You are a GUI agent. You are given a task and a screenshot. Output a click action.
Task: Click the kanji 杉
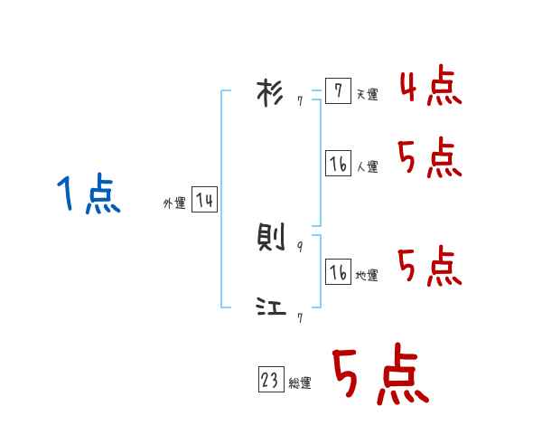tap(270, 94)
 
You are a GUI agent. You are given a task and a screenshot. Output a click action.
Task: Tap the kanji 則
tap(270, 238)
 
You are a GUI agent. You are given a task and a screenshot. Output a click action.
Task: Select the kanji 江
tap(270, 308)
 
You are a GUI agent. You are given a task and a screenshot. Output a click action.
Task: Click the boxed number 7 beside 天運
tap(338, 91)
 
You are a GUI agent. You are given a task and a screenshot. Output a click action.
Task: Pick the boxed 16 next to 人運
tap(338, 164)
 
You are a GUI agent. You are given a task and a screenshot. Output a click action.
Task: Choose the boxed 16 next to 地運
tap(338, 271)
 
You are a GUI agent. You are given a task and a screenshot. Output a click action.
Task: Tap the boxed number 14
tap(204, 200)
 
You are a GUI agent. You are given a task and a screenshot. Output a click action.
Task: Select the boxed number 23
tap(270, 381)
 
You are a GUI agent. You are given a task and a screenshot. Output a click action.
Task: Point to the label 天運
tap(367, 95)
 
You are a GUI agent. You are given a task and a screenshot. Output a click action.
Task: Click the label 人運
tap(367, 167)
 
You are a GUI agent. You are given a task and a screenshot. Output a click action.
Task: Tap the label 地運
tap(367, 275)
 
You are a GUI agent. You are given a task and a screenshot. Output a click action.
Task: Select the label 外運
tap(174, 203)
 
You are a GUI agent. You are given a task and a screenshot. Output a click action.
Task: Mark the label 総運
tap(300, 383)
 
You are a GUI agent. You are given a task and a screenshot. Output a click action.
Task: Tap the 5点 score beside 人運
tap(430, 160)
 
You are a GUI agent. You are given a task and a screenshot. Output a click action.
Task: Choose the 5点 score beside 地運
tap(430, 266)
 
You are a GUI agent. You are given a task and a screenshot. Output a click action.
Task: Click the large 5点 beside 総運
tap(379, 376)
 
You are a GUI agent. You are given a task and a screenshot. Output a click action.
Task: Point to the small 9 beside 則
tap(300, 246)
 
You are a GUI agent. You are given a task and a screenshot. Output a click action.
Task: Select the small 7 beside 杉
tap(300, 102)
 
